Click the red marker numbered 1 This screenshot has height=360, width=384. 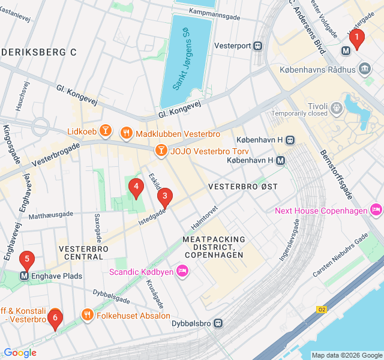click(357, 40)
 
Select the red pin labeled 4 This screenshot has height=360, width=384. click(136, 188)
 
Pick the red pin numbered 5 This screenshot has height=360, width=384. click(26, 260)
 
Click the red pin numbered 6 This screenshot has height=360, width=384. click(55, 318)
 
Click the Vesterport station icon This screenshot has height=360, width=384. click(257, 45)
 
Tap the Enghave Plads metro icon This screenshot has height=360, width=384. click(25, 276)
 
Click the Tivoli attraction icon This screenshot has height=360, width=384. click(337, 107)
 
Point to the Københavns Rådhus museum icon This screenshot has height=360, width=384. click(365, 70)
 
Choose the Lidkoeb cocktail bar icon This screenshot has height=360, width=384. click(106, 130)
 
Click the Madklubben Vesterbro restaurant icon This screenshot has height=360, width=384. click(127, 133)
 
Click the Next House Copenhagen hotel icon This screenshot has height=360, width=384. click(376, 210)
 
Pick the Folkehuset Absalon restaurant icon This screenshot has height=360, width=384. click(88, 315)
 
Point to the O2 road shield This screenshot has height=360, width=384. click(322, 309)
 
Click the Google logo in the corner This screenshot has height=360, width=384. click(20, 353)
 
